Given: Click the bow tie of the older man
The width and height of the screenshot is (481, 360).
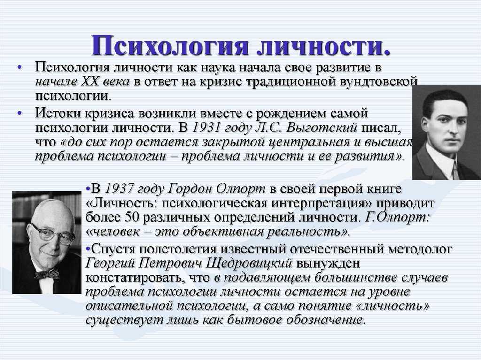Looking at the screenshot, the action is click(47, 274).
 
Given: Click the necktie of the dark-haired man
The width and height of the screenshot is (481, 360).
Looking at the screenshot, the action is click(455, 171).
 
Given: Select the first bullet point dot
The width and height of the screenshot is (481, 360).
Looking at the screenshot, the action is click(20, 67).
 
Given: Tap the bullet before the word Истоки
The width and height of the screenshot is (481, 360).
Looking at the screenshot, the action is click(20, 113).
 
